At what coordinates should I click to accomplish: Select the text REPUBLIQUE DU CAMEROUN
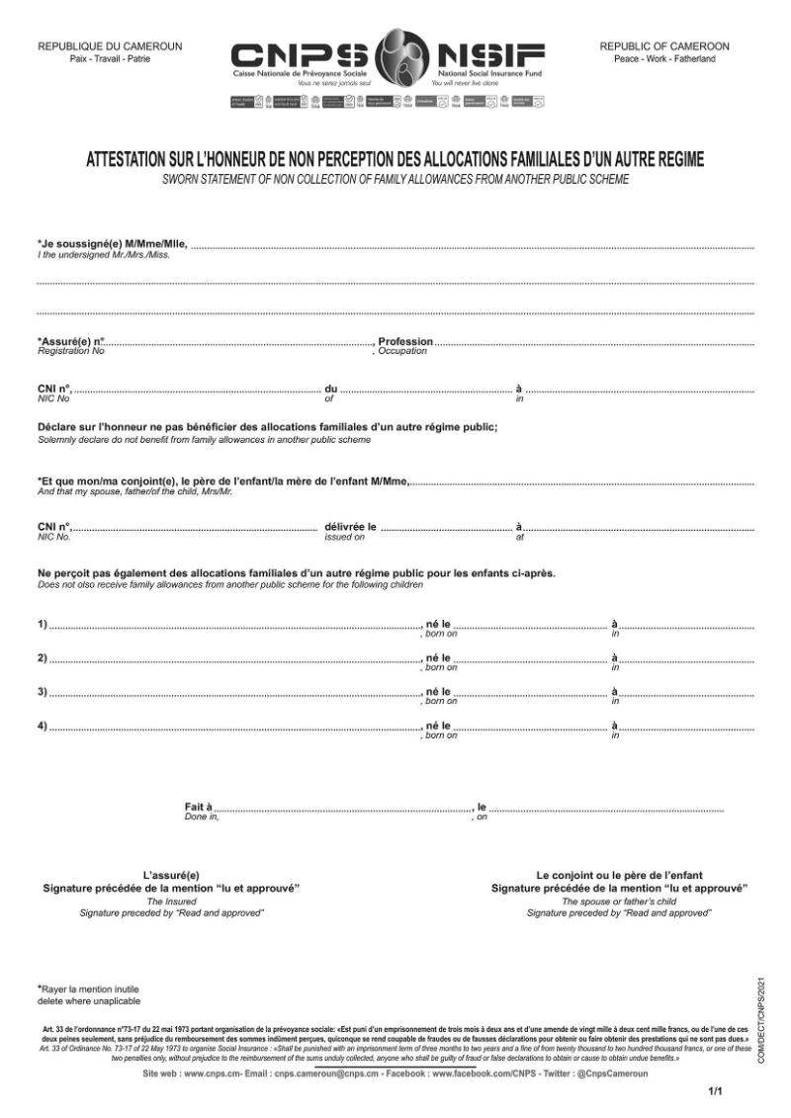[110, 46]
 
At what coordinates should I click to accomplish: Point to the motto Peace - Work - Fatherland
[664, 59]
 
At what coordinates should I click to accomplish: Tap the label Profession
[405, 341]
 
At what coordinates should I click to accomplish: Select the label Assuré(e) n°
[70, 341]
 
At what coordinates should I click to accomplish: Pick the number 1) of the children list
[43, 624]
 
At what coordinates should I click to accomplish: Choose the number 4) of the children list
[43, 727]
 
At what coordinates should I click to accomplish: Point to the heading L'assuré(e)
[171, 875]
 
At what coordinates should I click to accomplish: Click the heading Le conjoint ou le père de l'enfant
[619, 875]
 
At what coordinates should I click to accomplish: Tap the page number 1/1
[717, 1091]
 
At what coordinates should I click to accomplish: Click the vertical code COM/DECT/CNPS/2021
[761, 1018]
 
